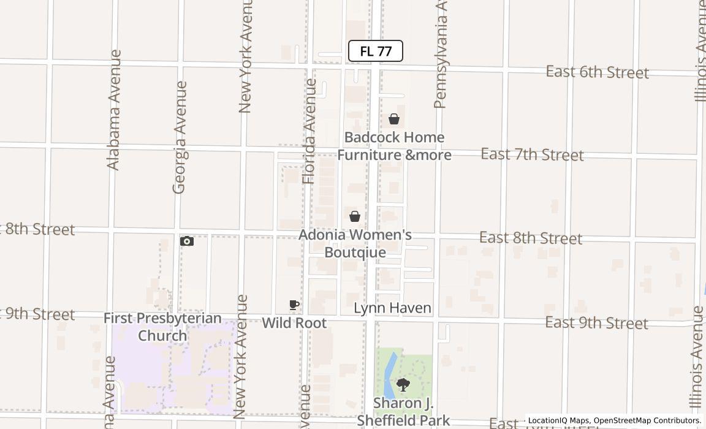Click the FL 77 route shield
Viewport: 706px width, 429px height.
pos(375,51)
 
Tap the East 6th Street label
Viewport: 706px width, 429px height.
pos(597,72)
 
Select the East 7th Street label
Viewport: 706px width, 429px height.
pos(532,154)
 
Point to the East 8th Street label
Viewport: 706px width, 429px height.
pos(530,238)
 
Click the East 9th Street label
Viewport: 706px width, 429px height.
pos(596,322)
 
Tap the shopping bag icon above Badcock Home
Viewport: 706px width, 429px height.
pos(394,119)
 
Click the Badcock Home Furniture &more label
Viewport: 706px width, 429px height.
pos(394,146)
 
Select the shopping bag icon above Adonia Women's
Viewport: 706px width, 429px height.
pos(354,216)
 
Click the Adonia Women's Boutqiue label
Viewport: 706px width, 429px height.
pos(355,243)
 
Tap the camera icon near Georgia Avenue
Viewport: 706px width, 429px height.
pos(187,241)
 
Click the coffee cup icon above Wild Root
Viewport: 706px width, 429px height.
pos(294,305)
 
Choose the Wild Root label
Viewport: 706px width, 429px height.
pos(294,323)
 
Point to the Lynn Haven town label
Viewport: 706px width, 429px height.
pos(392,308)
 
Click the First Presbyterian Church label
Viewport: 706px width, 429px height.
pos(162,327)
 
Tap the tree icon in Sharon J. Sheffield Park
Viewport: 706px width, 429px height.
pos(403,385)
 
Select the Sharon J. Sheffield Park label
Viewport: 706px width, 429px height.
pos(403,412)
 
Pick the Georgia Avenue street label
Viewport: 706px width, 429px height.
pos(179,138)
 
